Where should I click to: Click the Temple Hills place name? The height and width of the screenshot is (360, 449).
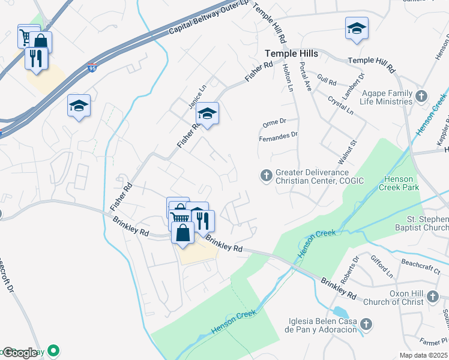coord(292,54)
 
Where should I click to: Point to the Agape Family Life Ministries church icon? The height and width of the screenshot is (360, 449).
coord(421,96)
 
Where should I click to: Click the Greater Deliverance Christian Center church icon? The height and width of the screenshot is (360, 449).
coord(266,176)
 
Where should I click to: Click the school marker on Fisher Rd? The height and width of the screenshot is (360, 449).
coord(207,113)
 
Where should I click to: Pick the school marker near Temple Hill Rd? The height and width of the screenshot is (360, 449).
coord(357,28)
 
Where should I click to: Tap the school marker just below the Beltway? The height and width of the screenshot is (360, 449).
coord(79,106)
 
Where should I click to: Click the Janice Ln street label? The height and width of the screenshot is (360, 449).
coord(197,96)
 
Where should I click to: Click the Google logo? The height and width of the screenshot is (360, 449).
coord(20,353)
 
